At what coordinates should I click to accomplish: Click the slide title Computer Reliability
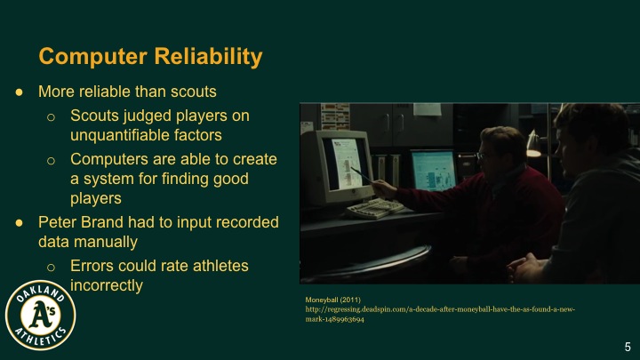pos(150,57)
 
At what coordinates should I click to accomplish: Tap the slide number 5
pos(627,346)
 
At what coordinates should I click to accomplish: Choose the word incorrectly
pos(107,285)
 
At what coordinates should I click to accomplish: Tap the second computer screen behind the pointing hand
pos(434,169)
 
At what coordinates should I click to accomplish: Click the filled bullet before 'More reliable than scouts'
pos(20,92)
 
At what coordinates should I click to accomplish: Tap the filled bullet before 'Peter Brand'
pos(20,221)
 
